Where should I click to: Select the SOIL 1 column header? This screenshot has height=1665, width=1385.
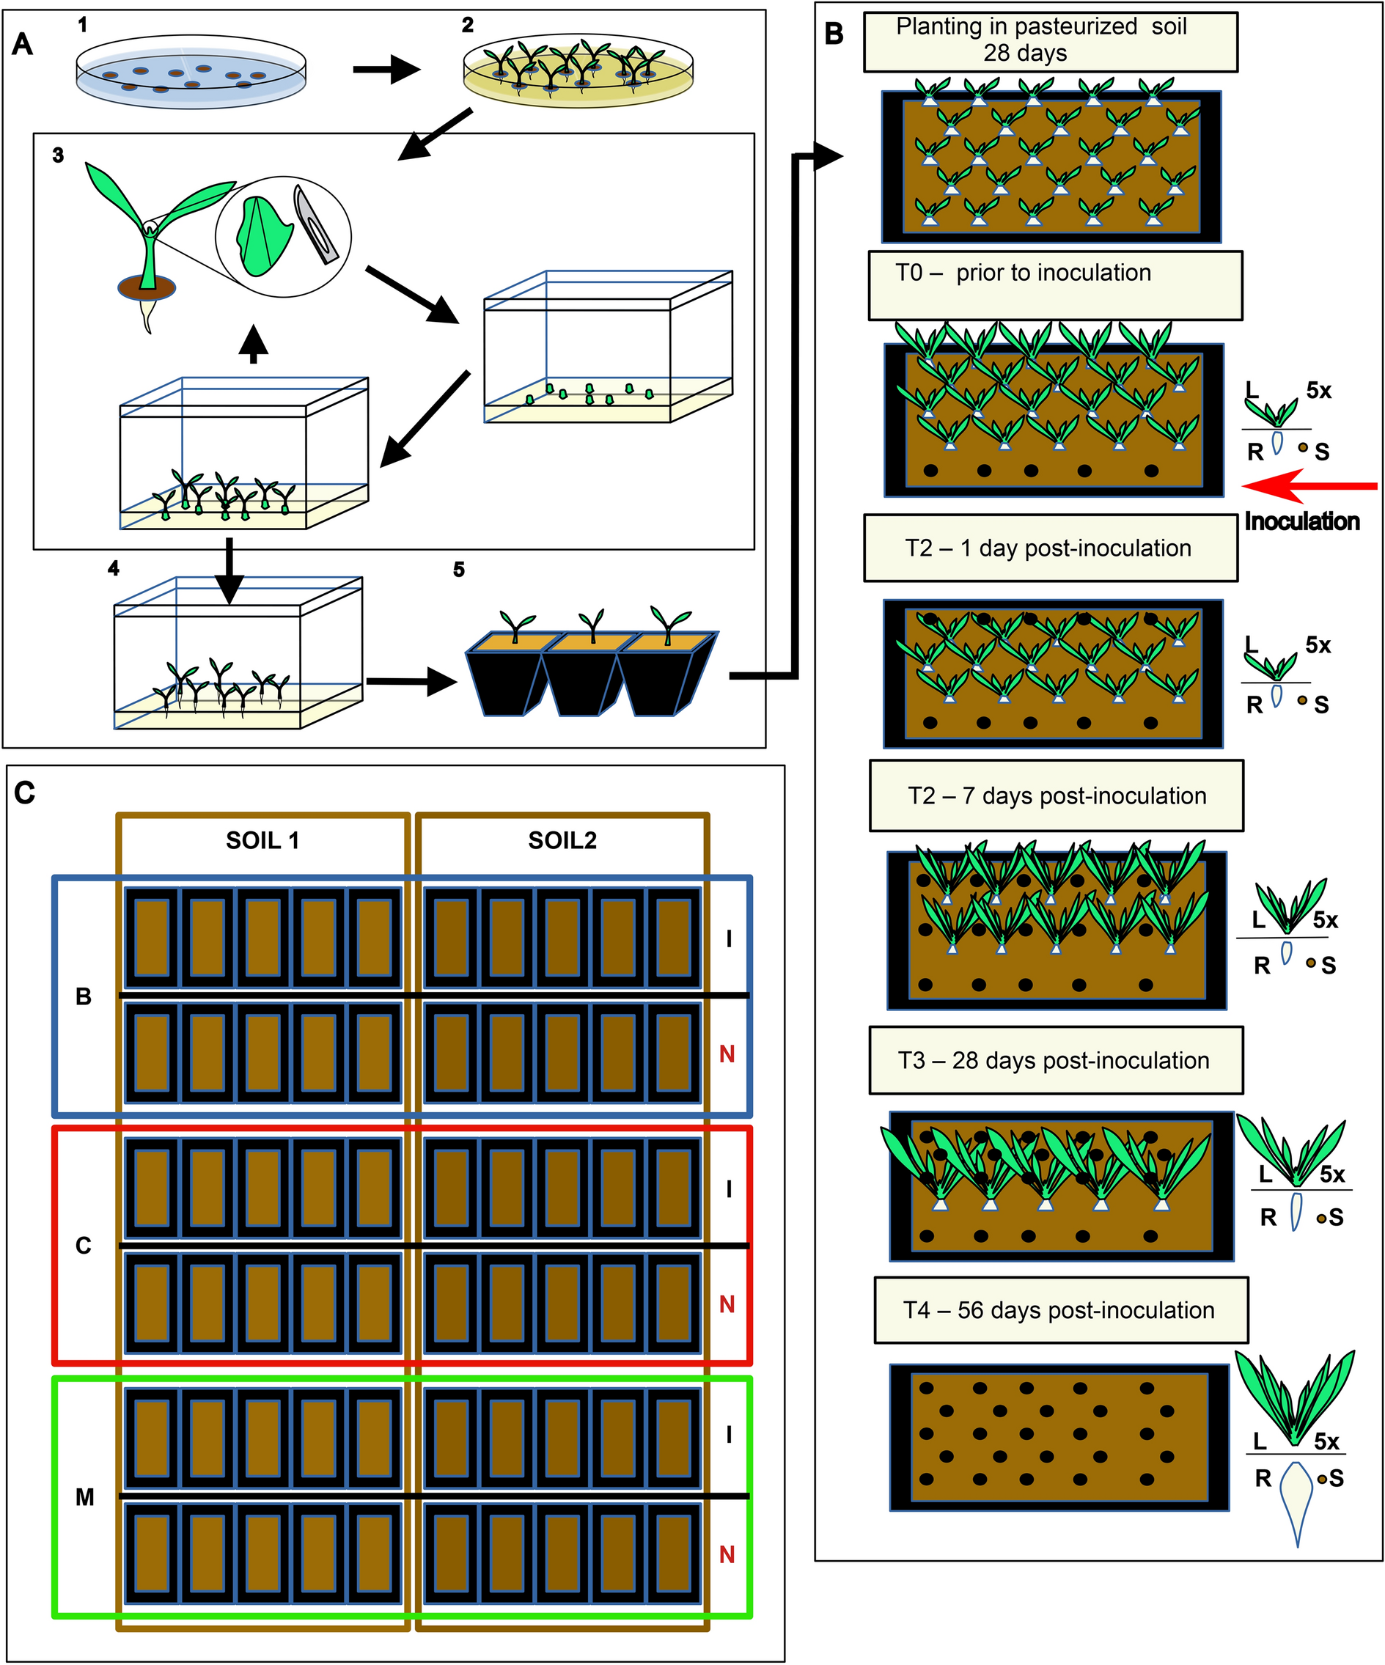262,840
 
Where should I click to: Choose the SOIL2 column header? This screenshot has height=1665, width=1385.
562,840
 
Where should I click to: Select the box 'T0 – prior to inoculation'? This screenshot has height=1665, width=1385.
1054,285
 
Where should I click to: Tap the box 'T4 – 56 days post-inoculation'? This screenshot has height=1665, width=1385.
1060,1311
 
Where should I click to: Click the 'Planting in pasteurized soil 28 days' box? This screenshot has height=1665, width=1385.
1050,41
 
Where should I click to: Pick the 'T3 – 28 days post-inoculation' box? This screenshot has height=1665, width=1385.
1055,1061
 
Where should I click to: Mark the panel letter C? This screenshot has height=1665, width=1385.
25,792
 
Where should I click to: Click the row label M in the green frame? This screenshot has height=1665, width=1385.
85,1497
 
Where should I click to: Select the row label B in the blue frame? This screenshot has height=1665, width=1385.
84,996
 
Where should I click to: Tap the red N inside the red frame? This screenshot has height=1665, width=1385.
726,1304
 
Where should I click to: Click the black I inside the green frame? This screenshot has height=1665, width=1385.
729,1434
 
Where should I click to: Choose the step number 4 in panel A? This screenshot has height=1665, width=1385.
114,568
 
